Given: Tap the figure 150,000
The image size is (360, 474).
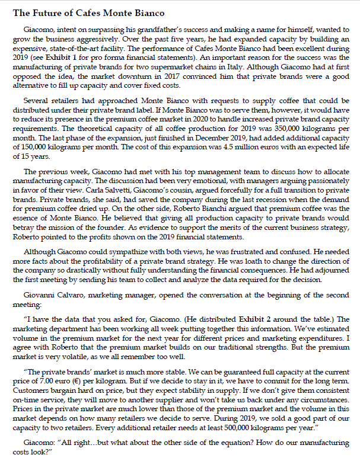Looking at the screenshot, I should point(34,145).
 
